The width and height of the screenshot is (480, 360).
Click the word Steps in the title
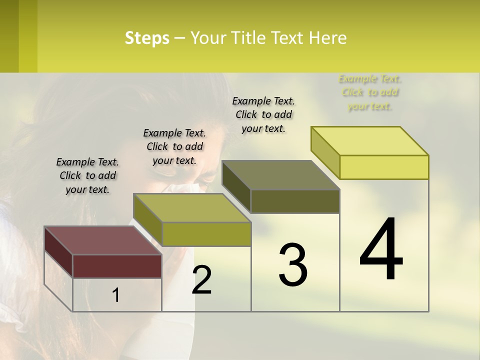pyautogui.click(x=146, y=38)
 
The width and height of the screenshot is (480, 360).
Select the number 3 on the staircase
pyautogui.click(x=293, y=265)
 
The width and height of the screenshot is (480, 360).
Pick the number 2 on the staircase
pyautogui.click(x=202, y=279)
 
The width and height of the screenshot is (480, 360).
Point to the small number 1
pyautogui.click(x=116, y=295)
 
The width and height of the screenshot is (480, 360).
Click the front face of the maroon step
pyautogui.click(x=117, y=266)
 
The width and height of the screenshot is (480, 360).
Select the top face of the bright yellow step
pyautogui.click(x=370, y=140)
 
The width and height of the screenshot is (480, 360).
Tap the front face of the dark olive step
pyautogui.click(x=295, y=201)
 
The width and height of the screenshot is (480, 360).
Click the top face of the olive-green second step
pyautogui.click(x=192, y=207)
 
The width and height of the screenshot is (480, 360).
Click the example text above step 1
pyautogui.click(x=87, y=175)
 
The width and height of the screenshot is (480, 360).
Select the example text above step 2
pyautogui.click(x=174, y=146)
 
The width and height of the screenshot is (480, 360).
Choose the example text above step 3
pyautogui.click(x=263, y=114)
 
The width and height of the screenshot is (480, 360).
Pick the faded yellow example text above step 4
pyautogui.click(x=370, y=92)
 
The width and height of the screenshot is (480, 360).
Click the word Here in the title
pyautogui.click(x=328, y=38)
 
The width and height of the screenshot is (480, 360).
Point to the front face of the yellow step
pyautogui.click(x=384, y=167)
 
